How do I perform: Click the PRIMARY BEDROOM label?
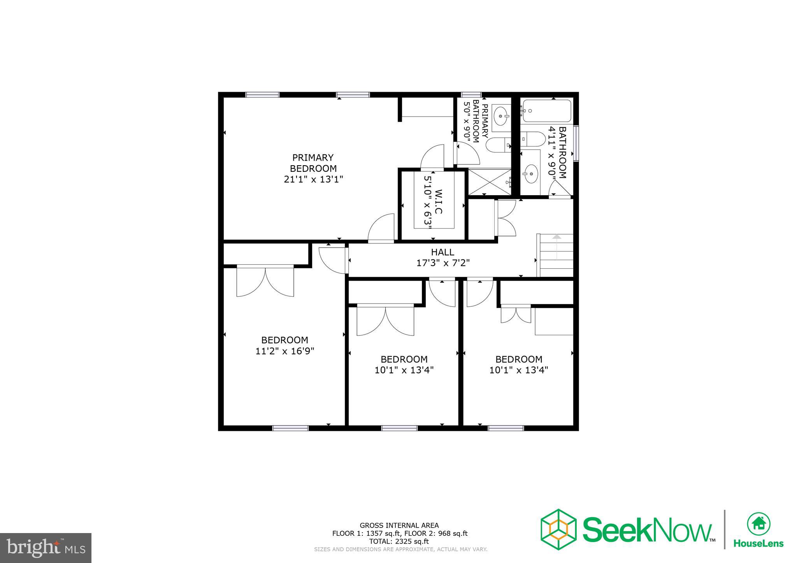[x=313, y=163]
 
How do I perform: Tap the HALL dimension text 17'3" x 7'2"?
[x=443, y=263]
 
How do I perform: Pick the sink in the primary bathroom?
[x=500, y=115]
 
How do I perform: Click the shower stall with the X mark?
[x=489, y=182]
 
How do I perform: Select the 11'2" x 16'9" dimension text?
[x=284, y=351]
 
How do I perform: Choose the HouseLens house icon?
[x=758, y=523]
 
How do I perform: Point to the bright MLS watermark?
[x=46, y=548]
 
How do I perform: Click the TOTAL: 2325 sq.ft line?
[x=399, y=541]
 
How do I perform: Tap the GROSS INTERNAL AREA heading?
[x=399, y=525]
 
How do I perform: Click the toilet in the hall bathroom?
[x=534, y=138]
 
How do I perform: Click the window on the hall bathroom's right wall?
[x=576, y=143]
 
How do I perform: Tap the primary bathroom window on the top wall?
[x=471, y=94]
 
